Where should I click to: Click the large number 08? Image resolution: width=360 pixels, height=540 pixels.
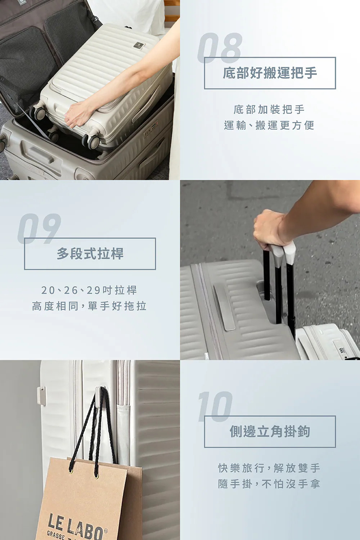(x=220, y=48)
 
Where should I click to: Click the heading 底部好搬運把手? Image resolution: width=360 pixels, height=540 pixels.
(x=270, y=73)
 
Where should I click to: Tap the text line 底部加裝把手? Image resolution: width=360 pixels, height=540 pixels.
(x=269, y=110)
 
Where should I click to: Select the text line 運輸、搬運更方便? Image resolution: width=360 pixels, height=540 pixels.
(x=269, y=125)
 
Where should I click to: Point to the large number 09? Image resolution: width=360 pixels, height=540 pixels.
(x=39, y=229)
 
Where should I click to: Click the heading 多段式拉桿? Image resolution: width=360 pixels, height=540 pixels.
(x=90, y=253)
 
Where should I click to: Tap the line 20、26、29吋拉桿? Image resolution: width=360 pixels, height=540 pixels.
(x=89, y=290)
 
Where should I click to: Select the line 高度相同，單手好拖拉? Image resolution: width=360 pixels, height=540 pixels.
(x=89, y=306)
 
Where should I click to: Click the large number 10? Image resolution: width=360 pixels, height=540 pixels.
(x=215, y=406)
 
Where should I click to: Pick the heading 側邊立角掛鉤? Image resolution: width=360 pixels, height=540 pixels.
(x=270, y=431)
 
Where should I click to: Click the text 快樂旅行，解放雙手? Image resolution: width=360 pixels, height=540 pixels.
(x=269, y=468)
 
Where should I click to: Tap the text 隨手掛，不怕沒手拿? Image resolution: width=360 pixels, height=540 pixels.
(x=269, y=484)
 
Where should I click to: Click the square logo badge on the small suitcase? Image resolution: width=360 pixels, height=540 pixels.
(x=139, y=46)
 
